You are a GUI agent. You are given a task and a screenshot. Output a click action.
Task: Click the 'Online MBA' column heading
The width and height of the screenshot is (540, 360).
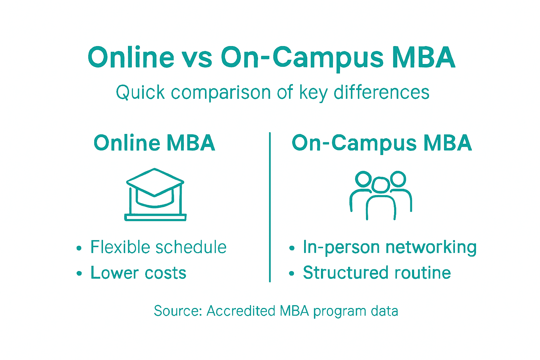tap(154, 143)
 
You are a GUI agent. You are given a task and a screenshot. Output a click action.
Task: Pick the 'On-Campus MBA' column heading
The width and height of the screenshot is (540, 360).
tap(382, 143)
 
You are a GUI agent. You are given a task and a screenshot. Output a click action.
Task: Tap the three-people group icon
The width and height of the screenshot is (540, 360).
tap(381, 195)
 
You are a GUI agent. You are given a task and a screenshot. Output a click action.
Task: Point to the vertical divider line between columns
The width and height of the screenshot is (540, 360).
tap(270, 207)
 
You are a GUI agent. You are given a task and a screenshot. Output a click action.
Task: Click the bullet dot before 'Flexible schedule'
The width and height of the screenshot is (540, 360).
tap(79, 248)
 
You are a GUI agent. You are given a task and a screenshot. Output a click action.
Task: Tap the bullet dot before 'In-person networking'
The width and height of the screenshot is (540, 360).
tap(291, 248)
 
